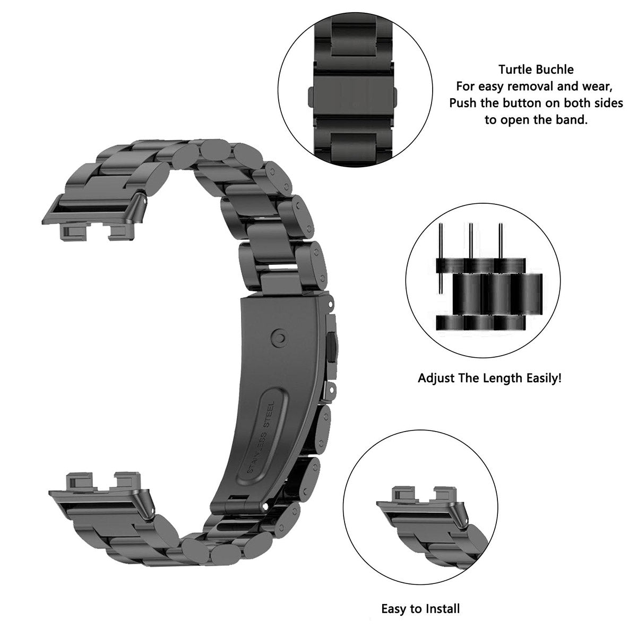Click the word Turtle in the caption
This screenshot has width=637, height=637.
pos(515,70)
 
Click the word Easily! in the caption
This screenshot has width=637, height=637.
pos(544,378)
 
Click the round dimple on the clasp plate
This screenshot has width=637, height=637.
pos(279,338)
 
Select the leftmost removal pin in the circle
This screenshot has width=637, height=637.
pos(440,259)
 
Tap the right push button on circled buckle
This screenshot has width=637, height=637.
pos(396,97)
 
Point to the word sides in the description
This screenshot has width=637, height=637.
pos(607,103)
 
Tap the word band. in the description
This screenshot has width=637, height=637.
pos(572,119)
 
